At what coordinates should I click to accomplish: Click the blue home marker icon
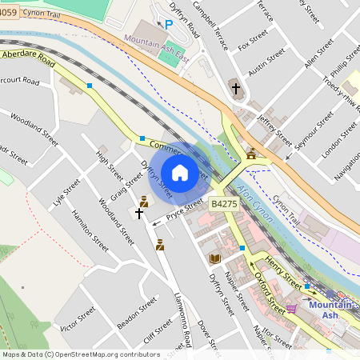pyautogui.click(x=180, y=173)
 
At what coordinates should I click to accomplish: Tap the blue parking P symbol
pyautogui.click(x=168, y=25)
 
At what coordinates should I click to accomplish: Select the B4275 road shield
pyautogui.click(x=223, y=205)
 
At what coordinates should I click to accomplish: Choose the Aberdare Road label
pyautogui.click(x=28, y=58)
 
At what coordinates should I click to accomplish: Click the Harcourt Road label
pyautogui.click(x=18, y=81)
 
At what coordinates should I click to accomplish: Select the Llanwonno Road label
pyautogui.click(x=183, y=320)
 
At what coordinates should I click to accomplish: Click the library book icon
pyautogui.click(x=214, y=258)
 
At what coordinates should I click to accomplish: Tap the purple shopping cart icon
pyautogui.click(x=292, y=307)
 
